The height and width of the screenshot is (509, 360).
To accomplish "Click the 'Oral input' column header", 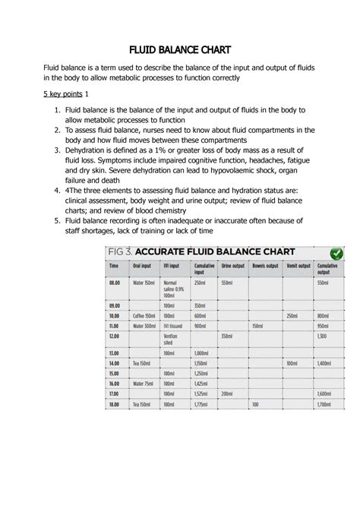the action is [142, 267].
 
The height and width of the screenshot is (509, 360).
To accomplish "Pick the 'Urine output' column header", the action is [231, 267].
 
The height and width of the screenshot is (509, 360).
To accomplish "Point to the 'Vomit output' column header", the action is [296, 267].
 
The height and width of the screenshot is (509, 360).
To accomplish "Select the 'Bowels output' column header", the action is [264, 267].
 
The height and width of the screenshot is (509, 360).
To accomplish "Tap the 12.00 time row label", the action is [115, 335].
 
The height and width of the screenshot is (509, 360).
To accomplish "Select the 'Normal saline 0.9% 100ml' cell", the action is [174, 289].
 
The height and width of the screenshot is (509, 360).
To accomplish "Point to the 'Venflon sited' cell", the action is [172, 339].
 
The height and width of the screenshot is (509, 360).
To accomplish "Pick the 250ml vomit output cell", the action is [291, 315].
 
